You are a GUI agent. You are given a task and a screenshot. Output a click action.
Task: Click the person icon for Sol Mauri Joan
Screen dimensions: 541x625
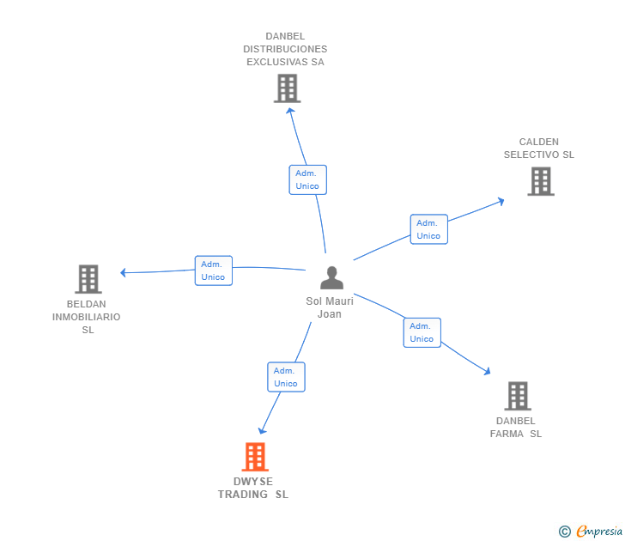click(x=331, y=277)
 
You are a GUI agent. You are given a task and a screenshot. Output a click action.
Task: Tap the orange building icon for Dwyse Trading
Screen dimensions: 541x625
click(x=255, y=456)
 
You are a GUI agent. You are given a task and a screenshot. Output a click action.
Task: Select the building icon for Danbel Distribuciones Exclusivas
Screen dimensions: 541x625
click(x=287, y=88)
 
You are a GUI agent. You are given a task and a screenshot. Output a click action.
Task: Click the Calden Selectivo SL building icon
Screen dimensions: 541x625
click(x=540, y=181)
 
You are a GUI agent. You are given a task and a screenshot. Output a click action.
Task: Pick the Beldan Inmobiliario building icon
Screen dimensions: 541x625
click(x=88, y=279)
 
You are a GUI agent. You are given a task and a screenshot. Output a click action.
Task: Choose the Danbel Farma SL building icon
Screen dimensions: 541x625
click(x=517, y=396)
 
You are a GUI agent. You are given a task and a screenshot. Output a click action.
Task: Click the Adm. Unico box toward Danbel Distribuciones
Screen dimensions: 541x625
click(x=307, y=179)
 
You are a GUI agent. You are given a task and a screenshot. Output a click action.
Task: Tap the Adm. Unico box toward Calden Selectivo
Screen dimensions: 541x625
click(x=428, y=229)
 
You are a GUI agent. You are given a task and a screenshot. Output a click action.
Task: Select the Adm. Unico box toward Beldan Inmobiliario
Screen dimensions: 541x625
click(x=213, y=270)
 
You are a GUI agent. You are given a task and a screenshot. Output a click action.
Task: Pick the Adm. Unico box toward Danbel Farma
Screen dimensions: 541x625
click(x=422, y=332)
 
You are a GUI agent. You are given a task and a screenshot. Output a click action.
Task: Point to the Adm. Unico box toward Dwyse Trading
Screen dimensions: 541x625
click(x=286, y=377)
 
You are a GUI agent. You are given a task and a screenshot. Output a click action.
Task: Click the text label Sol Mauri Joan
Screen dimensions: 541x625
click(x=330, y=307)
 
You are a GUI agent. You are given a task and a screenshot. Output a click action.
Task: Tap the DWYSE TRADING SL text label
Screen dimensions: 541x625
click(x=253, y=488)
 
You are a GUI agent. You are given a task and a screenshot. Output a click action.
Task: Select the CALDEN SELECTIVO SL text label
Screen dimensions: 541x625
click(x=539, y=149)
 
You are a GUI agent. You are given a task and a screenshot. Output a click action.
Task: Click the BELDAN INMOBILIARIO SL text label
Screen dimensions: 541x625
click(x=87, y=317)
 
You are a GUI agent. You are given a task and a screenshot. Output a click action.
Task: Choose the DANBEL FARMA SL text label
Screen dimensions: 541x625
click(x=516, y=427)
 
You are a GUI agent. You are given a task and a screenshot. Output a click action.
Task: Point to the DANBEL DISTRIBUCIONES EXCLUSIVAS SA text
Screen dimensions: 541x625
click(x=285, y=49)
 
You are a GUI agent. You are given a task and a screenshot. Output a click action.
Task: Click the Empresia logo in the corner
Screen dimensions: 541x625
click(x=598, y=532)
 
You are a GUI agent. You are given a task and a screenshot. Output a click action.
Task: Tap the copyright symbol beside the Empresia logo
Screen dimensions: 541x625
click(x=564, y=532)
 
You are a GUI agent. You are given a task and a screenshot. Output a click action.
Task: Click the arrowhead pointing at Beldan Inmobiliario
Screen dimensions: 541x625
click(x=124, y=273)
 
